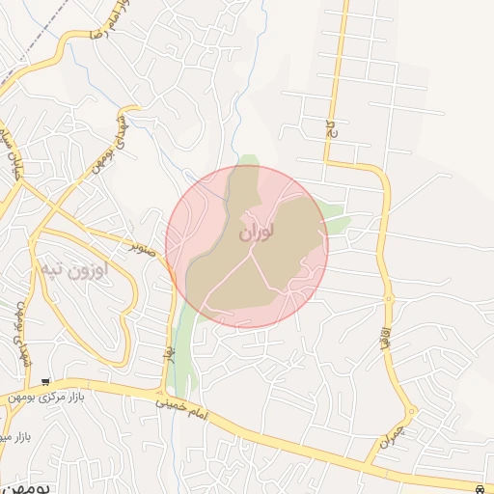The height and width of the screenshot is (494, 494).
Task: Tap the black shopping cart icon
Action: click(45, 382)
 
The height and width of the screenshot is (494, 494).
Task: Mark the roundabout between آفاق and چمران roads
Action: click(412, 411)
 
